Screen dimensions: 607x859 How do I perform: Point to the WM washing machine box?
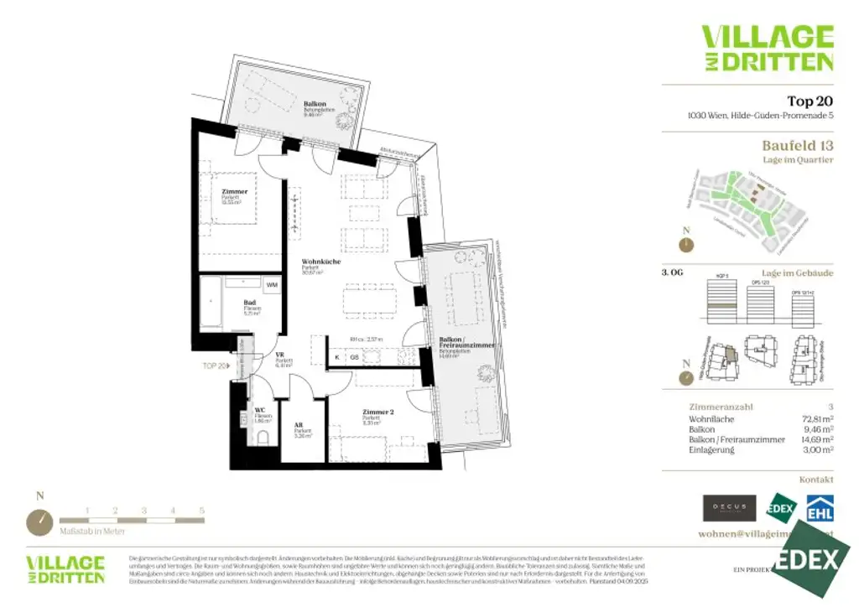point(271,286)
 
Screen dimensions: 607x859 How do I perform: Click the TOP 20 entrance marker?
point(216,366)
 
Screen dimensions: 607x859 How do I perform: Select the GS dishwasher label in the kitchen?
point(354,356)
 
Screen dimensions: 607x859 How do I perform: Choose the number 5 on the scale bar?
point(201,510)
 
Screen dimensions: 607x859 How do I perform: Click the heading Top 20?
point(810,101)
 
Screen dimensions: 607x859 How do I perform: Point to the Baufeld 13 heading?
point(798,146)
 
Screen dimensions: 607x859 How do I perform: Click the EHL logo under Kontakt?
point(819,508)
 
